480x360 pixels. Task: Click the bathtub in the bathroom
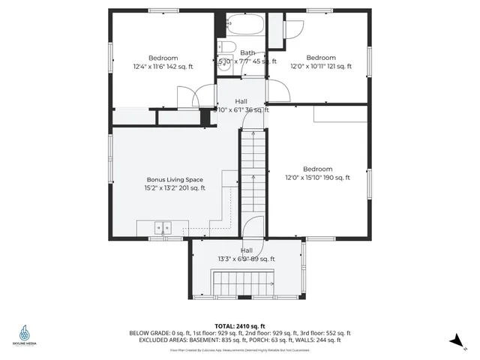[244, 26]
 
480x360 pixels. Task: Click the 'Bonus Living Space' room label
[174, 180]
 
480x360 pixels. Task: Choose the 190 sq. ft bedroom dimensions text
[317, 178]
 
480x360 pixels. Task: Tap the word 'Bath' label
[247, 52]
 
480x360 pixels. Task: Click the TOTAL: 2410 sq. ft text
[240, 326]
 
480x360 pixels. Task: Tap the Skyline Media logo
[25, 334]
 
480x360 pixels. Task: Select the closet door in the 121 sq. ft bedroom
[292, 28]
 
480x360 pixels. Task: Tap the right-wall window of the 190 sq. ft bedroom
[369, 184]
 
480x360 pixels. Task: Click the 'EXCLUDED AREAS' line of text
[240, 340]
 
